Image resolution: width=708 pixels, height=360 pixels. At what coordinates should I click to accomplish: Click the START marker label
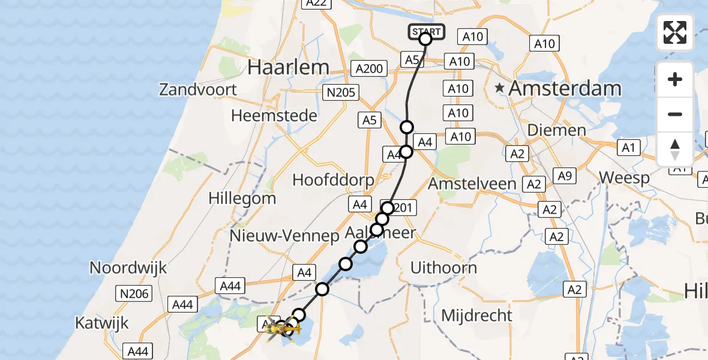(x=427, y=32)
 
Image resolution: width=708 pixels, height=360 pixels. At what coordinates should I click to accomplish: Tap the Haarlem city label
(x=288, y=67)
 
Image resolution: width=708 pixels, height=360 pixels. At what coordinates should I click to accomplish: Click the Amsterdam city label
(x=565, y=88)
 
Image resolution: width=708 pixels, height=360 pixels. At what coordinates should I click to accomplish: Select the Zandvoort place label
(x=198, y=90)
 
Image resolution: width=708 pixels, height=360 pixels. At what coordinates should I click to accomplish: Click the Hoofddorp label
(x=333, y=179)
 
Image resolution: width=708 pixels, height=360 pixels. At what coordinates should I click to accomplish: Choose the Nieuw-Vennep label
(x=284, y=236)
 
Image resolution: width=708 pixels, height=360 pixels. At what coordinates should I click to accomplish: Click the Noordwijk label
(x=128, y=268)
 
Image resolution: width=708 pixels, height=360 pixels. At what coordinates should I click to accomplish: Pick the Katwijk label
(x=102, y=323)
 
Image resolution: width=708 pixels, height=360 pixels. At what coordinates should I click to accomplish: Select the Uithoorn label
(x=443, y=268)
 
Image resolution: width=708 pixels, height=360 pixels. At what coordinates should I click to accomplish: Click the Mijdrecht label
(x=477, y=315)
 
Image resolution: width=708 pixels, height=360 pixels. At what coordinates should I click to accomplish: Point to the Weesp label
(x=624, y=178)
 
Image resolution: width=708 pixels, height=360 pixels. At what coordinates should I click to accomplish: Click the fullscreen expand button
(x=675, y=32)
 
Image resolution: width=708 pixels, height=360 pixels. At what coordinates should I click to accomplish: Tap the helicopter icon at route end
(x=281, y=329)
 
